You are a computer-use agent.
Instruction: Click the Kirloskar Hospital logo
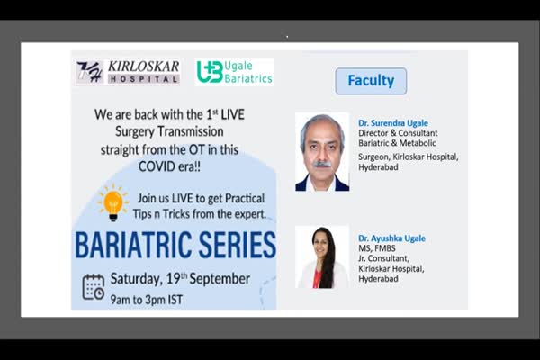[x=128, y=72]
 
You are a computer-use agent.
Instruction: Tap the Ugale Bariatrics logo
[x=234, y=72]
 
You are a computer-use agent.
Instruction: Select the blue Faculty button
[x=371, y=81]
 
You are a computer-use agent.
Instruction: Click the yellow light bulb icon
[x=112, y=202]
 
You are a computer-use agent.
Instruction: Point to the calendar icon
[x=94, y=287]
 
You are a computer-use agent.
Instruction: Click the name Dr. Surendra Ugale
[x=393, y=123]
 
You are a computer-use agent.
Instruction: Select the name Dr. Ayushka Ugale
[x=391, y=238]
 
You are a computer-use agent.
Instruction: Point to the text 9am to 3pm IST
[x=147, y=300]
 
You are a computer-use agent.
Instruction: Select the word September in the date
[x=220, y=279]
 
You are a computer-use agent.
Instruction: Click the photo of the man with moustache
[x=322, y=152]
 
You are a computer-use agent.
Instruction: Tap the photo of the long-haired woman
[x=322, y=257]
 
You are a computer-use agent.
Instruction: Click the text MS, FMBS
[x=377, y=248]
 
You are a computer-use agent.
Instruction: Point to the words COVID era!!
[x=169, y=166]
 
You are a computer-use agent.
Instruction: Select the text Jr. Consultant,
[x=383, y=258]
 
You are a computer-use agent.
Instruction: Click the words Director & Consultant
[x=398, y=133]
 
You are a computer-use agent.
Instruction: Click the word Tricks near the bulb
[x=176, y=214]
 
